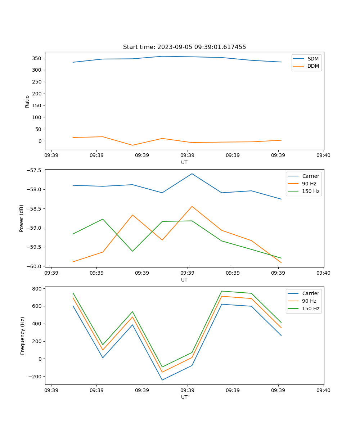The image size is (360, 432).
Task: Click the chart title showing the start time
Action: [184, 47]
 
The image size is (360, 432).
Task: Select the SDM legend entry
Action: [313, 59]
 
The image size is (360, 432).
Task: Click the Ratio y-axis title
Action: [27, 101]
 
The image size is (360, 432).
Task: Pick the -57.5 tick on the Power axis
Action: [34, 170]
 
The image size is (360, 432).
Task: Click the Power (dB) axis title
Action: [22, 218]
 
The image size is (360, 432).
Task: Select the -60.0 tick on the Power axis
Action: [34, 266]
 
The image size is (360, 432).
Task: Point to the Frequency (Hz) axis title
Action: [23, 336]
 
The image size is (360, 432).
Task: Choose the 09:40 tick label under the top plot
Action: [324, 155]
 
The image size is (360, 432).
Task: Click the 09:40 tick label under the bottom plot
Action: [324, 390]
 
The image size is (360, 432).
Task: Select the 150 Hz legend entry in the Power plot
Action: [311, 191]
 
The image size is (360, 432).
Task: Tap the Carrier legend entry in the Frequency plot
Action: [310, 293]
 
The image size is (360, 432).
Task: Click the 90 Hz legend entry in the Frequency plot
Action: [309, 301]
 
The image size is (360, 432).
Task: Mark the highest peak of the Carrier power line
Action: [192, 174]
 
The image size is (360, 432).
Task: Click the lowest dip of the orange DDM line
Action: [132, 145]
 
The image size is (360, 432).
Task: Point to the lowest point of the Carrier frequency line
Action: [162, 380]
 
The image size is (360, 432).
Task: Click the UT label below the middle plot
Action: [184, 280]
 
